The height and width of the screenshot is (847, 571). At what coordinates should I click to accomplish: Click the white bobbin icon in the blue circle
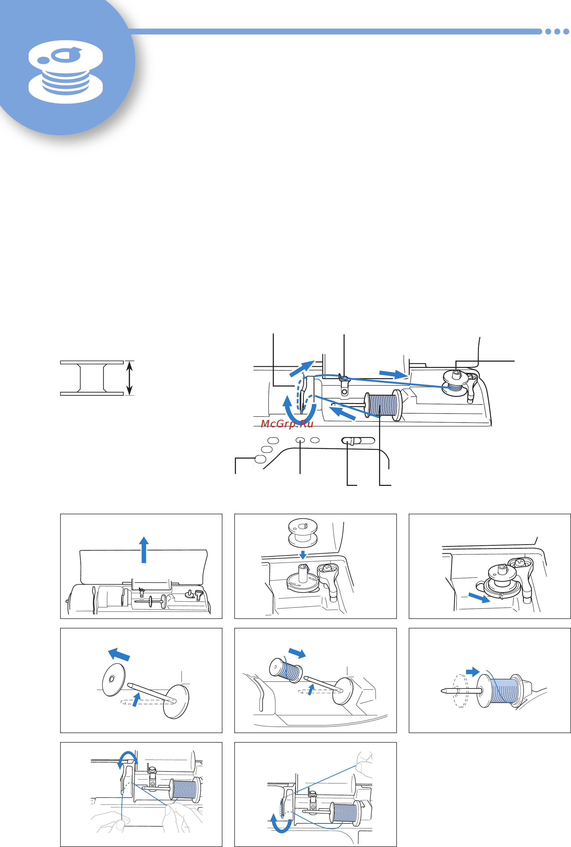point(65,72)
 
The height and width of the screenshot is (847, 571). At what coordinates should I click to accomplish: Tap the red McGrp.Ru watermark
point(287,424)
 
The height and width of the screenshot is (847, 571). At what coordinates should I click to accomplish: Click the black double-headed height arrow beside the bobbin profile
point(129,378)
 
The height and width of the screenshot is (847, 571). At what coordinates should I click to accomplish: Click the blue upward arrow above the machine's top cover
point(144,550)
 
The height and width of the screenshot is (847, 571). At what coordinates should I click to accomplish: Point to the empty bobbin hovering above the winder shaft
point(303,533)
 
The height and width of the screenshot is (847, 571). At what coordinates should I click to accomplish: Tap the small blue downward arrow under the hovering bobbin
point(303,555)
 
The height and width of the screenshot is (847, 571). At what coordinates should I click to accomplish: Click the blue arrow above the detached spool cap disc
point(119,654)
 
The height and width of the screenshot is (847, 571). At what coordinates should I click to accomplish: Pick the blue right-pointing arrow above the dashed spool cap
point(473,672)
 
